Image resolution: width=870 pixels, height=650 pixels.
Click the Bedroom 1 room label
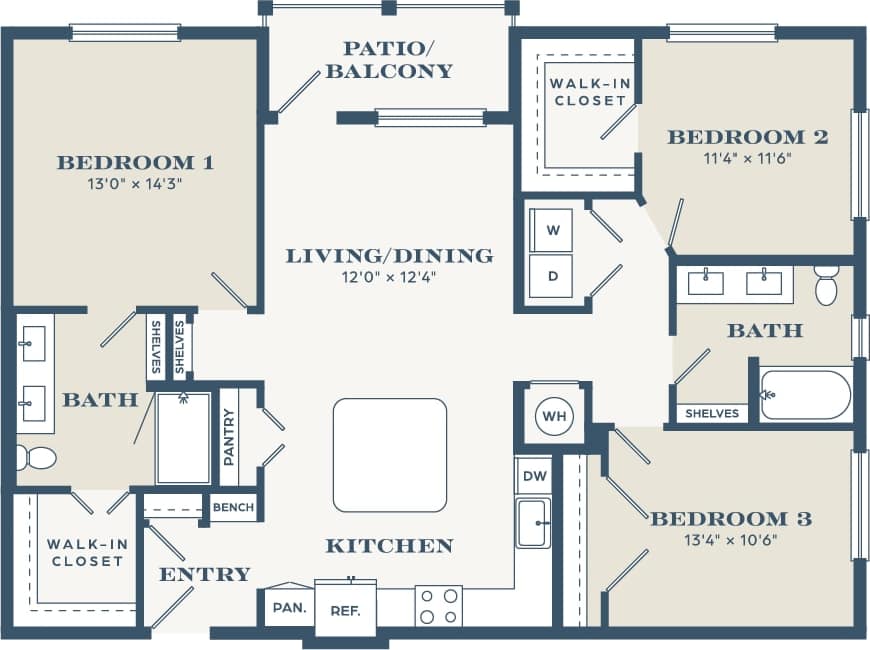(x=136, y=162)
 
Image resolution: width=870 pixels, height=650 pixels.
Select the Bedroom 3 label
(x=731, y=519)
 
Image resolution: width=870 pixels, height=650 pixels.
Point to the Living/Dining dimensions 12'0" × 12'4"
(x=389, y=277)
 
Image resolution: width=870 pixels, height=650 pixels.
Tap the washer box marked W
(x=552, y=230)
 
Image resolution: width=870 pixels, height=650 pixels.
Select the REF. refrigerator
(x=345, y=609)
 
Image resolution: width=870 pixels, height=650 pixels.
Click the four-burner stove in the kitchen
(x=439, y=606)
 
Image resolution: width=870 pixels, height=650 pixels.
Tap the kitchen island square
(x=390, y=455)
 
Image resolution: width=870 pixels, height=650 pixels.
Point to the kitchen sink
(x=533, y=524)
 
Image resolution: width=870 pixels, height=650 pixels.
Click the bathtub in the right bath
(x=806, y=395)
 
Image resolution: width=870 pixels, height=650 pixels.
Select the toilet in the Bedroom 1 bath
(x=36, y=458)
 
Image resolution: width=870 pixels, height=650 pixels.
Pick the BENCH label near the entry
(x=233, y=508)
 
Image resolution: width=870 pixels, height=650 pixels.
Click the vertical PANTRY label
(x=229, y=436)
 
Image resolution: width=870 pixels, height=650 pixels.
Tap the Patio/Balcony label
(x=389, y=60)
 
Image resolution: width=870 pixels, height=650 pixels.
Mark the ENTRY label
(x=205, y=574)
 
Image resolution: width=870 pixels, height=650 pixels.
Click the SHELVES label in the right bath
(x=713, y=413)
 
